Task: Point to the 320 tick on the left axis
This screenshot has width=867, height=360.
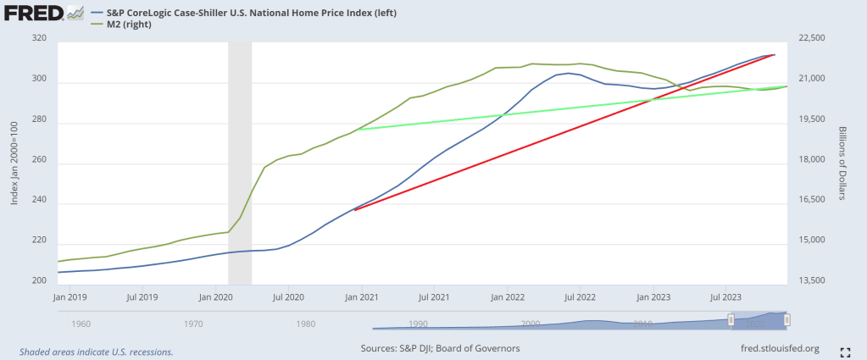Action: click(38, 39)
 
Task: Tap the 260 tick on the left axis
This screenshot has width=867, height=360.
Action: click(38, 163)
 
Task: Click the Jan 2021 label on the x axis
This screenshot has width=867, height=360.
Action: click(362, 298)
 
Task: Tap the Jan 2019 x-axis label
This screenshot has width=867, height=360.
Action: click(70, 298)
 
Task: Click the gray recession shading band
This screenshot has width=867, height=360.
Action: click(240, 161)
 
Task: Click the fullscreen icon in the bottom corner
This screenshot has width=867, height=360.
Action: click(845, 352)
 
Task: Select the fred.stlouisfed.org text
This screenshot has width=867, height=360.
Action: click(780, 348)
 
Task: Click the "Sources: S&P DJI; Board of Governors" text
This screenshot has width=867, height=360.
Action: click(440, 348)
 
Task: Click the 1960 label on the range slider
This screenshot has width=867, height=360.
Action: click(82, 324)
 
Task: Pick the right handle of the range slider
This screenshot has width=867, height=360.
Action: click(786, 319)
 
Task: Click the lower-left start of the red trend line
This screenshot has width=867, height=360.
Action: click(354, 209)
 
